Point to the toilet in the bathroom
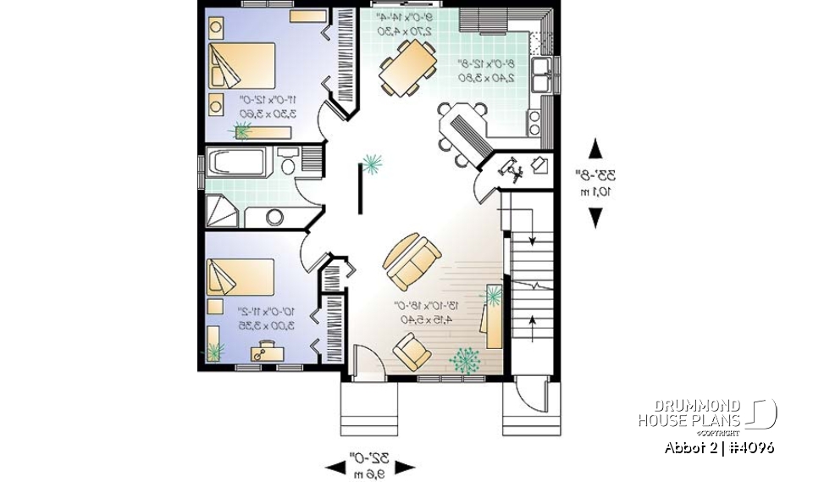point(287,163)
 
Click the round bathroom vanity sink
point(275,216)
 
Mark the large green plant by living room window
point(463,361)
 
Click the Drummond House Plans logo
point(706,414)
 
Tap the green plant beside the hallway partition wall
point(371,162)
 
